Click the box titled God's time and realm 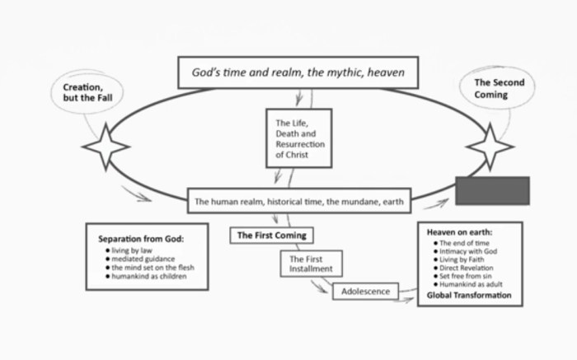[x=298, y=72]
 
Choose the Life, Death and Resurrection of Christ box [x=298, y=137]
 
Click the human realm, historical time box [x=298, y=201]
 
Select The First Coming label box [x=271, y=236]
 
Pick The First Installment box [x=308, y=264]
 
